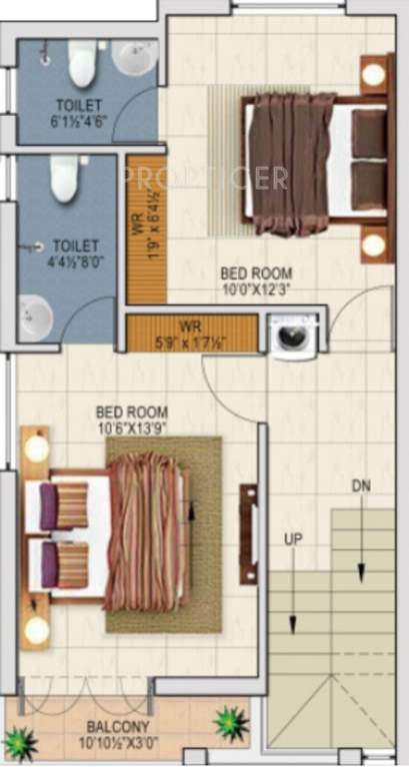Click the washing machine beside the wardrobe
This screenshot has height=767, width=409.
294,336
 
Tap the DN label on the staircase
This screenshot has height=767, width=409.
360,486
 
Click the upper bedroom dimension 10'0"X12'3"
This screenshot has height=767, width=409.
257,290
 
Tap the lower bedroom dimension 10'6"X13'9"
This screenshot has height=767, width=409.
132,427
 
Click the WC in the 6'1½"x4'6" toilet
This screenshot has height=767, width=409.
82,65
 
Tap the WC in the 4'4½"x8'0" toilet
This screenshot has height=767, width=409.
65,180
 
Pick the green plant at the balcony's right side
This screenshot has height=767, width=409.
231,721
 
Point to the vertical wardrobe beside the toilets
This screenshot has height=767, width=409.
146,228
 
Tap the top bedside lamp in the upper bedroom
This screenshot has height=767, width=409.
374,73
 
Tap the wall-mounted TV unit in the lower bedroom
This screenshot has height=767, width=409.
249,520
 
